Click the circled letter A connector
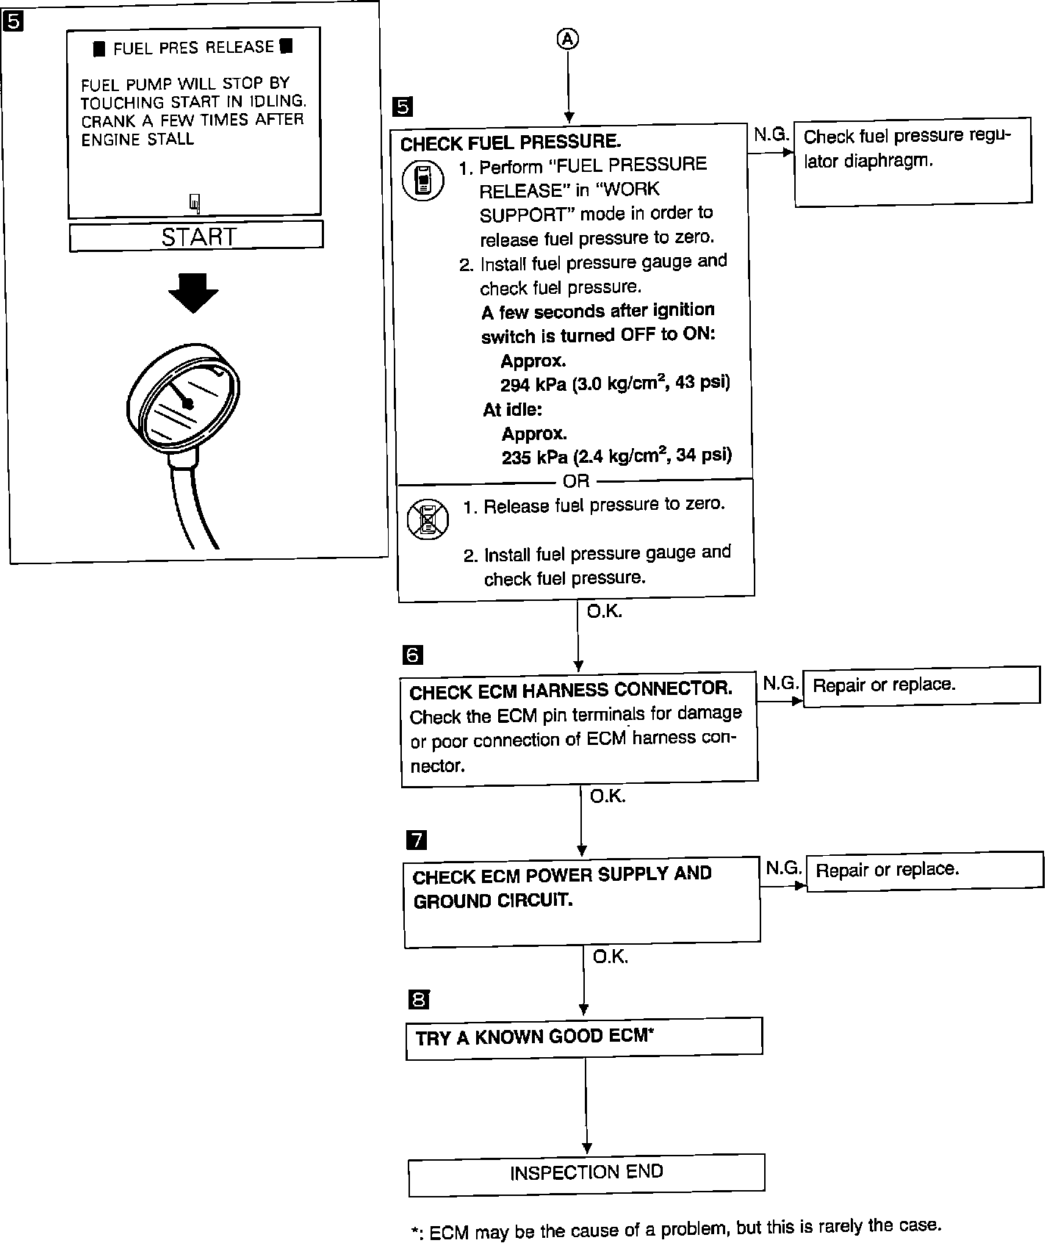point(567,40)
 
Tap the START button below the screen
point(196,237)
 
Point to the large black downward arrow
point(193,292)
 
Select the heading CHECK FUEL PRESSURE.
point(511,142)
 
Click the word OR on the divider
point(575,481)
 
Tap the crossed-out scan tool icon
point(428,519)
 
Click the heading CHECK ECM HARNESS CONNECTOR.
point(571,691)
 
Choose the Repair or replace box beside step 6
point(921,686)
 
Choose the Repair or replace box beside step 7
point(924,871)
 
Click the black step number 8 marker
point(418,999)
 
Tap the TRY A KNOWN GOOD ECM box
point(584,1037)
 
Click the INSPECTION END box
point(586,1173)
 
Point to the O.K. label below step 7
point(610,957)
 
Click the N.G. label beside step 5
point(771,134)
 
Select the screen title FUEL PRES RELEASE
point(193,48)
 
